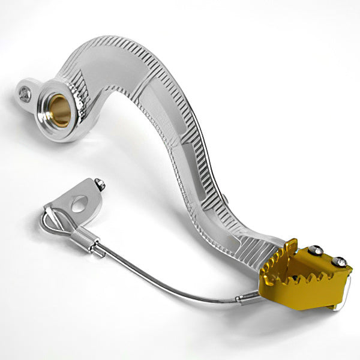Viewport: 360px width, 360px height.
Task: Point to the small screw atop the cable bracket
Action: click(x=101, y=185)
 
